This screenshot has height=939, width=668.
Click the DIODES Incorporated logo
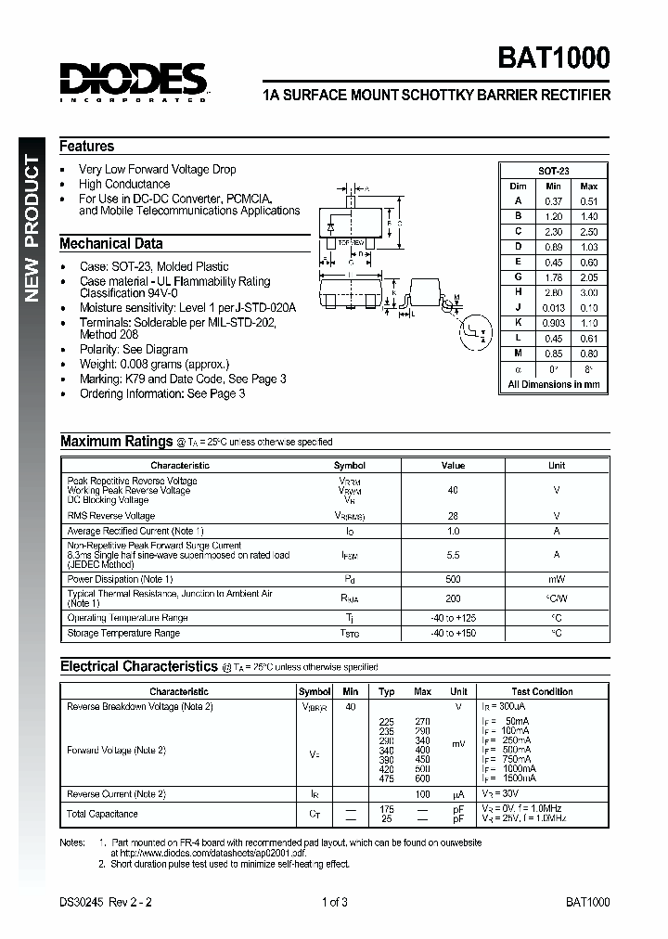click(x=134, y=81)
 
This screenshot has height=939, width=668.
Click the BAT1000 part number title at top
click(x=555, y=59)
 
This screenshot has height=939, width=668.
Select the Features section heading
click(x=87, y=146)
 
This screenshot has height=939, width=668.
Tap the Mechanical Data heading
click(x=111, y=243)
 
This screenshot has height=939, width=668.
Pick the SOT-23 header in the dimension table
click(x=554, y=171)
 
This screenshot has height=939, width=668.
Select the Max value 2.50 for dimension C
click(x=589, y=231)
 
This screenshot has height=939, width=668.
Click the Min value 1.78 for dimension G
click(x=554, y=277)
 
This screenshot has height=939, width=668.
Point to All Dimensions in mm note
click(x=554, y=384)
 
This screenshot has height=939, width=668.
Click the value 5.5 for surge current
click(x=454, y=554)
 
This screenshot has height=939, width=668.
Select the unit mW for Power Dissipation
click(x=557, y=579)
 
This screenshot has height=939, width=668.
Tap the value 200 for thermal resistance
click(x=454, y=599)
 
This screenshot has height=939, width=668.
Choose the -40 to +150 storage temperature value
click(x=454, y=633)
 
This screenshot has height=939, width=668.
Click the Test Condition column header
click(x=543, y=691)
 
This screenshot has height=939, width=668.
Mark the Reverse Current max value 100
click(x=423, y=794)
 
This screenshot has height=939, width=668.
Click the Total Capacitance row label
click(x=103, y=814)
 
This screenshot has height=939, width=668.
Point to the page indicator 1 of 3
click(x=334, y=902)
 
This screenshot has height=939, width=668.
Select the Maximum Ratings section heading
click(x=117, y=442)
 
